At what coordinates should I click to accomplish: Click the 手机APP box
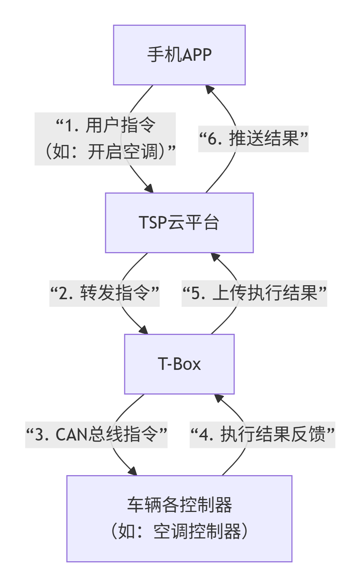[179, 55]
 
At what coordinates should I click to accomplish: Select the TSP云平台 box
[179, 223]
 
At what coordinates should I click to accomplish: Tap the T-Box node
[179, 364]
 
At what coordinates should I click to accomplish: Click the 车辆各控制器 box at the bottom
[179, 518]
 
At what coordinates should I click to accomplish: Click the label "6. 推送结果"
[253, 139]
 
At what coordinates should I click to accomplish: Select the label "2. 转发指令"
[104, 293]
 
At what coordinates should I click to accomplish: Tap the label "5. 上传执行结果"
[254, 293]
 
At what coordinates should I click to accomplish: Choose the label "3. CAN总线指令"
[96, 435]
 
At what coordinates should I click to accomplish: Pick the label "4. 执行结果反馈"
[262, 435]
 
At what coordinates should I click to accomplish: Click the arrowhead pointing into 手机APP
[209, 89]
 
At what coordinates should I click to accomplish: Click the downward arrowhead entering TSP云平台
[149, 189]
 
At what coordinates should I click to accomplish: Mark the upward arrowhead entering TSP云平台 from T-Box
[215, 257]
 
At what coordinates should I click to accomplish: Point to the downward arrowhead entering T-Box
[144, 330]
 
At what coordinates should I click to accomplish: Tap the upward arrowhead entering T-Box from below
[218, 398]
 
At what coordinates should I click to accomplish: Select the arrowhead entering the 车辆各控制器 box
[133, 471]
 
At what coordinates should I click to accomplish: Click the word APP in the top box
[197, 55]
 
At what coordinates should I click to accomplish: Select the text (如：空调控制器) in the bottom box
[179, 531]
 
